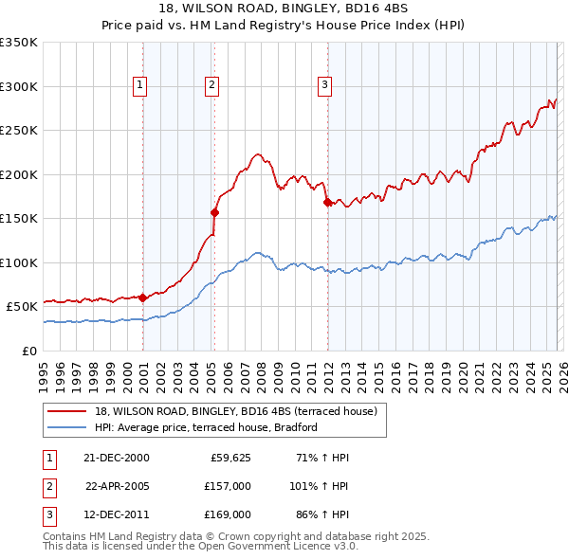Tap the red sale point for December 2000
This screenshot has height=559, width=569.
pyautogui.click(x=143, y=298)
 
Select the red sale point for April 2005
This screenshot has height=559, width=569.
pyautogui.click(x=214, y=212)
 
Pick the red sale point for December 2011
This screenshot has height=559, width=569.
pyautogui.click(x=327, y=202)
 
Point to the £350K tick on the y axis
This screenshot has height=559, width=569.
pyautogui.click(x=19, y=43)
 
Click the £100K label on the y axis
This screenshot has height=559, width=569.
pyautogui.click(x=19, y=262)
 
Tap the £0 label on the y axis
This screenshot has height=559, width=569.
pyautogui.click(x=28, y=351)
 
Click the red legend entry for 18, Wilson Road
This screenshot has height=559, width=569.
pyautogui.click(x=236, y=411)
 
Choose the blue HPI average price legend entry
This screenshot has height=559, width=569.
pyautogui.click(x=205, y=427)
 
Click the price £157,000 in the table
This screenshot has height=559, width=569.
pyautogui.click(x=227, y=485)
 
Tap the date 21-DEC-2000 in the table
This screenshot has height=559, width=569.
pyautogui.click(x=117, y=458)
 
